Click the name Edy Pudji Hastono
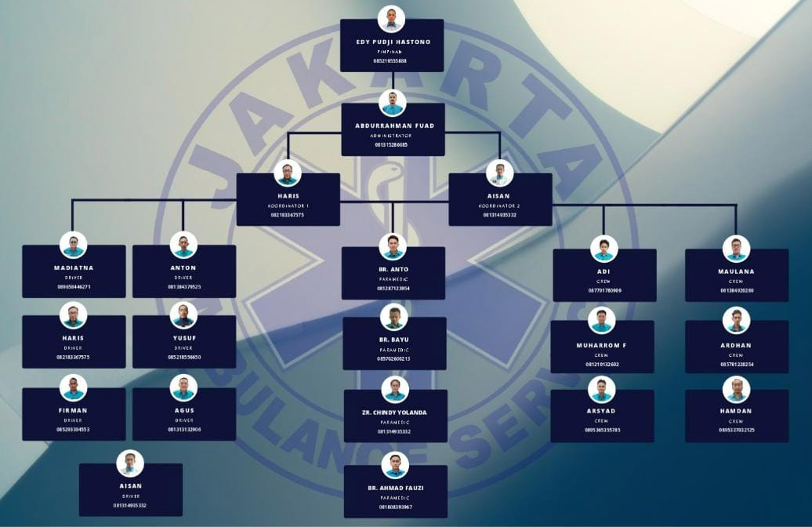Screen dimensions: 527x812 392,42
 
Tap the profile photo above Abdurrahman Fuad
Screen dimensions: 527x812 392,103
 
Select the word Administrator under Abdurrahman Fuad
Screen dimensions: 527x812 391,136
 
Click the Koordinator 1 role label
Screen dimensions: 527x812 288,205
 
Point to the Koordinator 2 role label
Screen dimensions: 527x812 499,205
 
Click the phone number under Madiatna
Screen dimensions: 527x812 74,287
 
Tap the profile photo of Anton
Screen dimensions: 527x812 183,245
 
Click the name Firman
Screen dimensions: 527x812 73,410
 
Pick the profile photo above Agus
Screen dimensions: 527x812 183,387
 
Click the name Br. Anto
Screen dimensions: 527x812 393,270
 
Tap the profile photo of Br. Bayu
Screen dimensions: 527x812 393,317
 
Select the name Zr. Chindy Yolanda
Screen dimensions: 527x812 394,413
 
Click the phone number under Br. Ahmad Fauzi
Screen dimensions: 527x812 394,507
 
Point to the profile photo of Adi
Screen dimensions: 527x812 604,249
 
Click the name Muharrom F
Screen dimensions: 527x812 602,345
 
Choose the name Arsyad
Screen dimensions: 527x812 602,411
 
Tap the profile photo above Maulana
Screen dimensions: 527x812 736,249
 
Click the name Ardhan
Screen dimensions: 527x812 736,345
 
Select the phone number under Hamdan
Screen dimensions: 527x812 736,430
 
